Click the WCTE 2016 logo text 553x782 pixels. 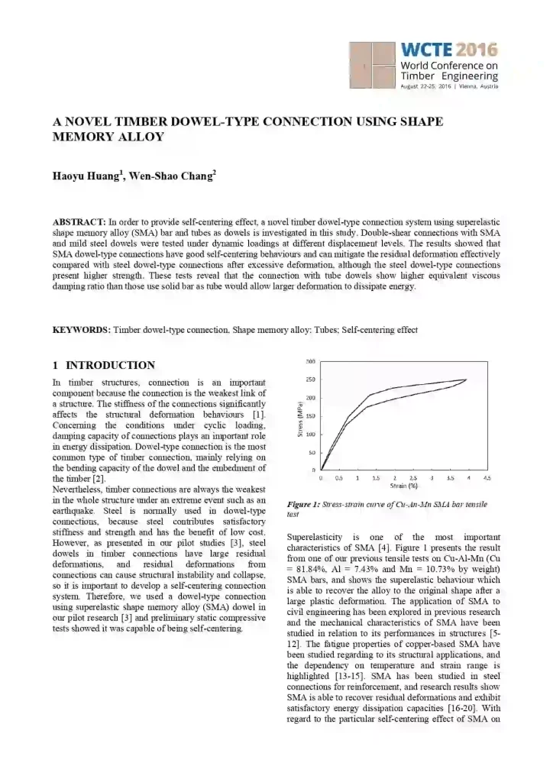coord(449,50)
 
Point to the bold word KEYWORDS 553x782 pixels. coord(81,330)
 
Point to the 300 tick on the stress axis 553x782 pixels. coord(311,361)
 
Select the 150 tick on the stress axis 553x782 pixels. coord(311,416)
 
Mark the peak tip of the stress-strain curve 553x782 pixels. coord(466,380)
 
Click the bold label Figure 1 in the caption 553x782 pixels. coord(304,505)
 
